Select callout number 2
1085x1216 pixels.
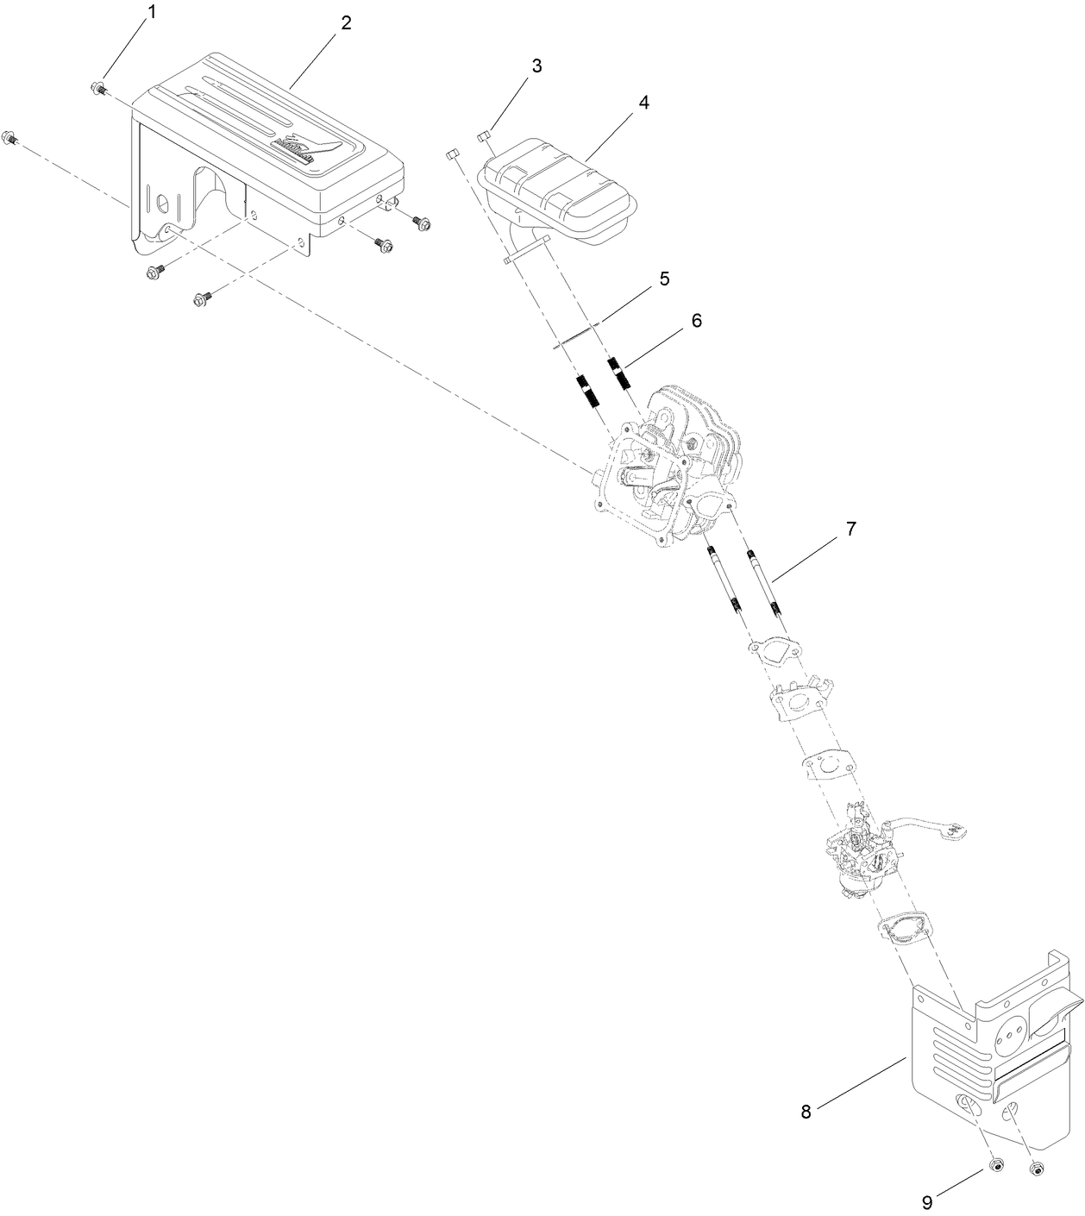[x=346, y=23]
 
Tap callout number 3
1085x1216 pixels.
[x=536, y=66]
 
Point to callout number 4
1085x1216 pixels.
[x=643, y=102]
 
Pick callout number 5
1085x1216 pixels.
[x=664, y=279]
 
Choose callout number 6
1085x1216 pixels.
[x=696, y=321]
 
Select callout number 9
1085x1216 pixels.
[x=927, y=1200]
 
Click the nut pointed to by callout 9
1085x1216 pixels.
[x=994, y=1166]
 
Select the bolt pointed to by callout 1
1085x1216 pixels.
[x=97, y=87]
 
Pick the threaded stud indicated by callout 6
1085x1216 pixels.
[x=620, y=373]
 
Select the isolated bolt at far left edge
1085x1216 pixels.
[x=11, y=137]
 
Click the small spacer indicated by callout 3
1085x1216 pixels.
[x=483, y=134]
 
